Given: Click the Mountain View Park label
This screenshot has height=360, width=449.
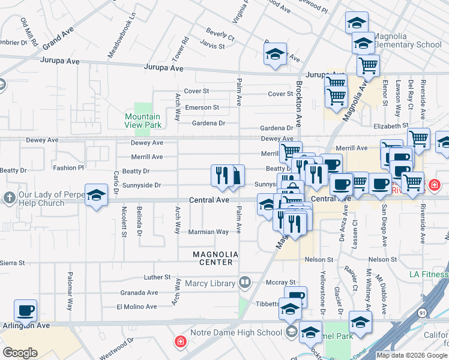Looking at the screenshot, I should click(x=142, y=121).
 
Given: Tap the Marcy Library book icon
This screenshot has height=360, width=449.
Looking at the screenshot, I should click(x=245, y=282).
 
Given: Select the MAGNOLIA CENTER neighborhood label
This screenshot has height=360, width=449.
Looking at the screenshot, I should click(x=215, y=259).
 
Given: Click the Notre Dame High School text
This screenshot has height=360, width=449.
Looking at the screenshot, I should click(x=236, y=332).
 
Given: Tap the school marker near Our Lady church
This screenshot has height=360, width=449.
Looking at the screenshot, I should click(x=95, y=196).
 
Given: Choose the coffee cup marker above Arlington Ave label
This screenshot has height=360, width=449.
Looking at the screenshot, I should click(x=26, y=311).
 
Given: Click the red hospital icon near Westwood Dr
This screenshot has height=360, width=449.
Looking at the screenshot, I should click(x=179, y=343).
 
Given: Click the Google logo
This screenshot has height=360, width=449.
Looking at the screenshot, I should click(x=20, y=353).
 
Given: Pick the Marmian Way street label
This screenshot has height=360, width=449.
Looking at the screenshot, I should click(x=208, y=232).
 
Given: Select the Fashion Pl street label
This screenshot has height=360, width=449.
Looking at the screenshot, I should click(x=68, y=168).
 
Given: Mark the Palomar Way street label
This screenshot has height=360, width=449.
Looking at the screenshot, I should click(x=70, y=296).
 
